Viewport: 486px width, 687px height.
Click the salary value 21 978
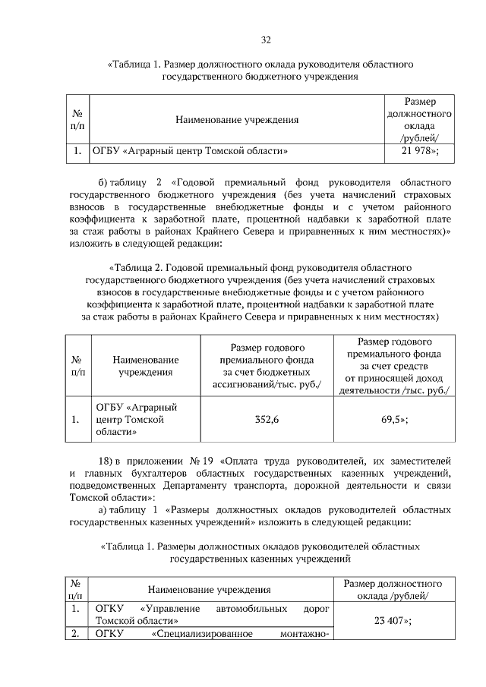[414, 151]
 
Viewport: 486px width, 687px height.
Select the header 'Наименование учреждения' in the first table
[237, 119]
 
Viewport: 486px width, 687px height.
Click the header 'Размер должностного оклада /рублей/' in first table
[419, 119]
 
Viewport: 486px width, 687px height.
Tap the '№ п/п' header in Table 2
[77, 367]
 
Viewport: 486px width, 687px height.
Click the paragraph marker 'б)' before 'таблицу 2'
[105, 183]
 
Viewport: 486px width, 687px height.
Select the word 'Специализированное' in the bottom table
[195, 634]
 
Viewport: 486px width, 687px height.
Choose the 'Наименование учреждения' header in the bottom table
[210, 589]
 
